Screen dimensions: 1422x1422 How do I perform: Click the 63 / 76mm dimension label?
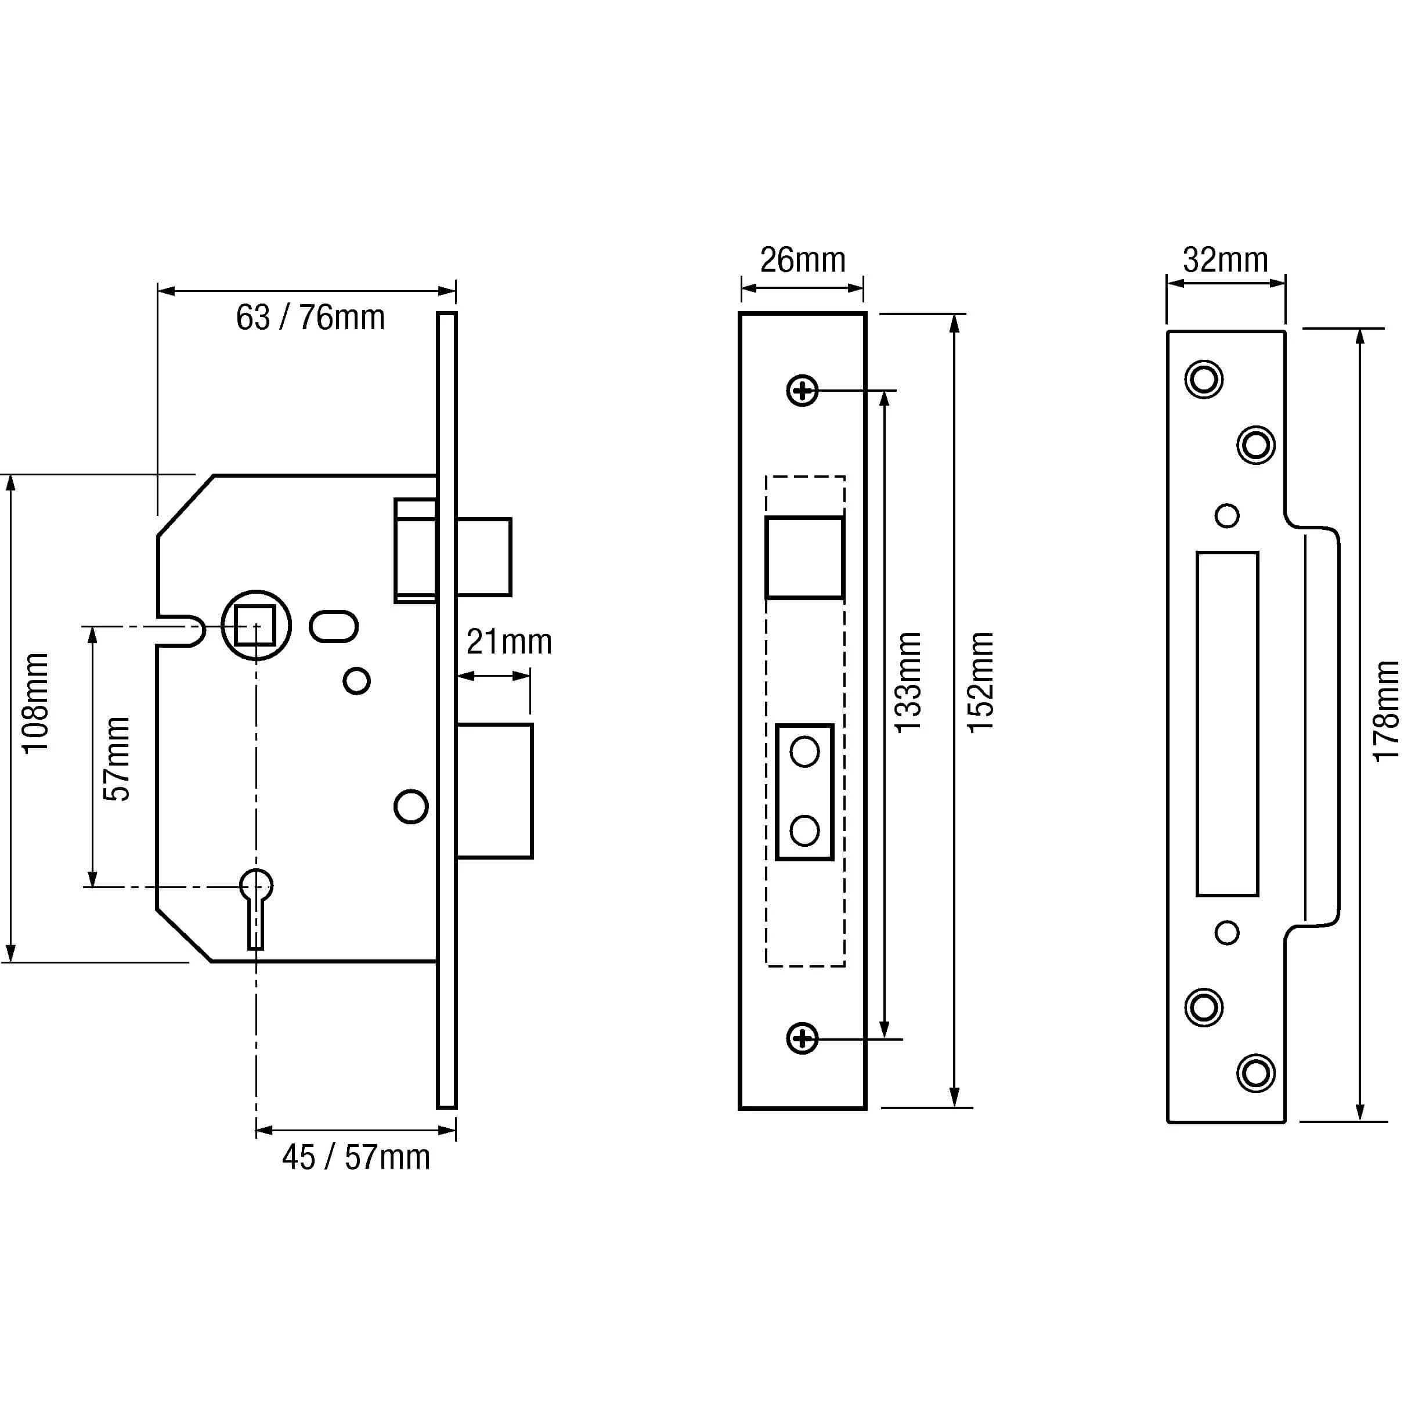(x=310, y=318)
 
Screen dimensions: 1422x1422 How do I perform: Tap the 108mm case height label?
(x=35, y=703)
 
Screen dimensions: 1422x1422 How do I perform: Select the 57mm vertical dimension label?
(x=116, y=759)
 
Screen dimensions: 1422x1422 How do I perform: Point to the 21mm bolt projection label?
(x=508, y=642)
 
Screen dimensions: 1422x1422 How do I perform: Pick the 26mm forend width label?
(x=802, y=260)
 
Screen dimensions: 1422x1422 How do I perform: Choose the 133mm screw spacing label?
(x=909, y=681)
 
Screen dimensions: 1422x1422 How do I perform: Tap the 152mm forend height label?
(x=981, y=681)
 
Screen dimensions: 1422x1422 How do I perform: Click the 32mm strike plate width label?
(x=1225, y=260)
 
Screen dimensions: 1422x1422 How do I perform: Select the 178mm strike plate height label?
(x=1387, y=711)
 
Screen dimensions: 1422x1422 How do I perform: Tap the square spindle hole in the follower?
(x=255, y=626)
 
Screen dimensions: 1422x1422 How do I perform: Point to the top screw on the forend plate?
(x=802, y=390)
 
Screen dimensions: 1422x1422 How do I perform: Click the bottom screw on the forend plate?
(x=802, y=1038)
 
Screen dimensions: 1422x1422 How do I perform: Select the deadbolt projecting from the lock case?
(x=494, y=791)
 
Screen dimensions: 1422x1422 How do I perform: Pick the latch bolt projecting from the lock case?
(x=483, y=557)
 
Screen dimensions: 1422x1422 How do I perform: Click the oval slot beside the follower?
(x=333, y=626)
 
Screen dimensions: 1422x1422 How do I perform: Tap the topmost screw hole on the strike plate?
(x=1203, y=380)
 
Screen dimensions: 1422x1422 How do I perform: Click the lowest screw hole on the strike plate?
(x=1255, y=1073)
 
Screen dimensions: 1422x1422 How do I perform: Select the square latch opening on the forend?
(x=804, y=557)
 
